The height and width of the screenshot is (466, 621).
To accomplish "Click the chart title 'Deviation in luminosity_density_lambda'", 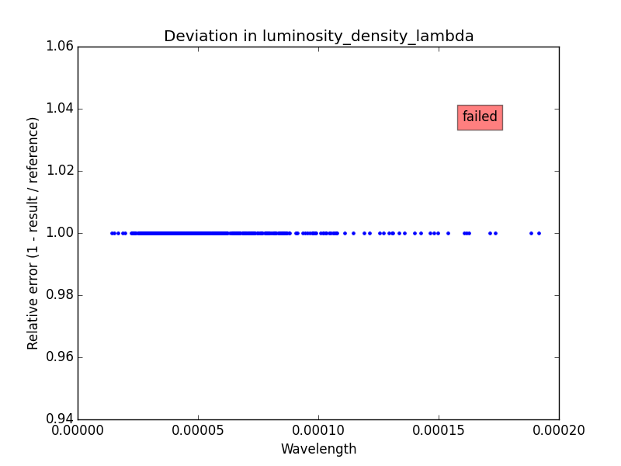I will click(x=318, y=37).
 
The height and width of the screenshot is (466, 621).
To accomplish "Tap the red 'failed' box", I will click(x=480, y=117).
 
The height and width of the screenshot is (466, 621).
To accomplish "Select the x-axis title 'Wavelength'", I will click(x=318, y=449).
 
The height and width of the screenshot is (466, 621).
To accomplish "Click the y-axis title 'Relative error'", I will click(x=33, y=233).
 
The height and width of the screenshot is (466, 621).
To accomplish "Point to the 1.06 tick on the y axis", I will click(x=59, y=47).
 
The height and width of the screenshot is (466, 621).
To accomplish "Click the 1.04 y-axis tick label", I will click(x=59, y=109).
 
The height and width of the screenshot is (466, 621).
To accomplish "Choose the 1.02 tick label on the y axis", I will click(x=59, y=171).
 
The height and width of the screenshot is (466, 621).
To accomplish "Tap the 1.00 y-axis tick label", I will click(x=59, y=233).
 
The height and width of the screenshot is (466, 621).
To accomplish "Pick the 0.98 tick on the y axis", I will click(x=59, y=295).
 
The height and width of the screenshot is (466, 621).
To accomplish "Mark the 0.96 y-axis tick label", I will click(x=59, y=357).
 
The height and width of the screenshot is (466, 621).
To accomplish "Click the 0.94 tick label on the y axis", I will click(x=59, y=419).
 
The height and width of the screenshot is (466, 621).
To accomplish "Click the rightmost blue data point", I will click(x=539, y=233).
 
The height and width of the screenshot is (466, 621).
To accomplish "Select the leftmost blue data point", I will click(x=112, y=233).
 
